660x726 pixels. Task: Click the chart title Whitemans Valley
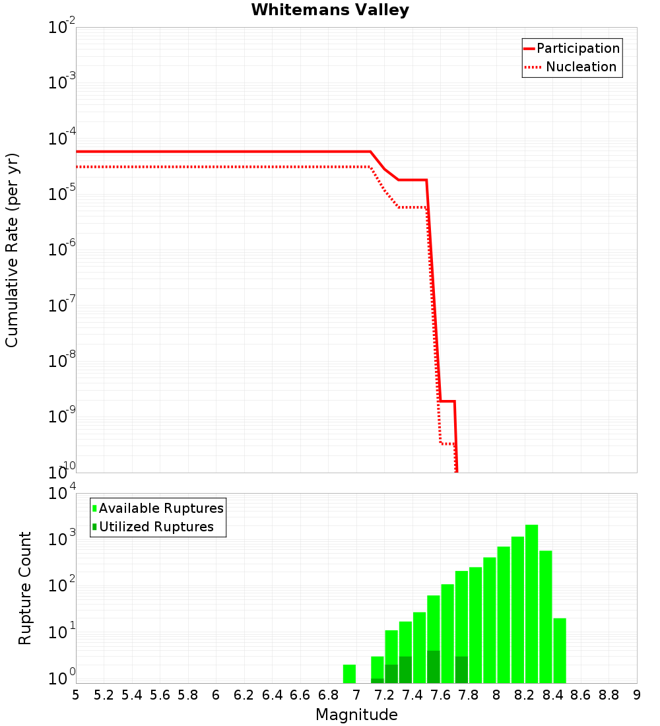click(330, 10)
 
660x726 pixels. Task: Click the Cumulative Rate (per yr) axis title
click(12, 249)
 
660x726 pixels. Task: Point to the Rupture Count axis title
click(25, 587)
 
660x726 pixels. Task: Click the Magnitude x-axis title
click(356, 715)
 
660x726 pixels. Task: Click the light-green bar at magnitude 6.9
click(349, 674)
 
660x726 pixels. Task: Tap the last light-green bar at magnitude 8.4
click(560, 650)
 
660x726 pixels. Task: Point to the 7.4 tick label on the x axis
click(412, 695)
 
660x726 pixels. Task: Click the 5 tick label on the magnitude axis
click(76, 695)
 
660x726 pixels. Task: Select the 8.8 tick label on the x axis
click(609, 695)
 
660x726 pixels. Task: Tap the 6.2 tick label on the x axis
click(244, 695)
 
